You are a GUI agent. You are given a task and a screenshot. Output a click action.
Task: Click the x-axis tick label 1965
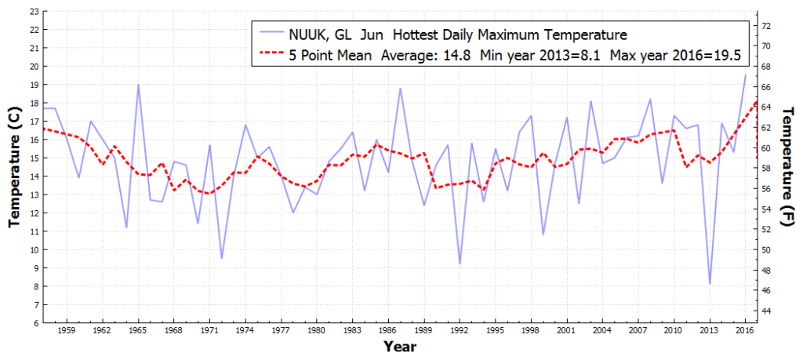[x=138, y=330]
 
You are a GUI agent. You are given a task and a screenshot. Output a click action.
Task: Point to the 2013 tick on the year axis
[x=710, y=330]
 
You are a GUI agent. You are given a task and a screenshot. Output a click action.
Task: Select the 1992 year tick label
[x=460, y=330]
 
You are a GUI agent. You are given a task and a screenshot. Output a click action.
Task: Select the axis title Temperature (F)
[x=787, y=167]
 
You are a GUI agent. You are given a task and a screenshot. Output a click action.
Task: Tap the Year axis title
[x=401, y=347]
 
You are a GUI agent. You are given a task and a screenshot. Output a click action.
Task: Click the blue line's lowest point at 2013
[x=710, y=284]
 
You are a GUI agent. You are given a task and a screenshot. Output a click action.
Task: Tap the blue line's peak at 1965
[x=138, y=85]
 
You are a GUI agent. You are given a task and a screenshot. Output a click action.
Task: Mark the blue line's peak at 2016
[x=746, y=75]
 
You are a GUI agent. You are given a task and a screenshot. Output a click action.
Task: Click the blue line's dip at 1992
[x=460, y=264]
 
